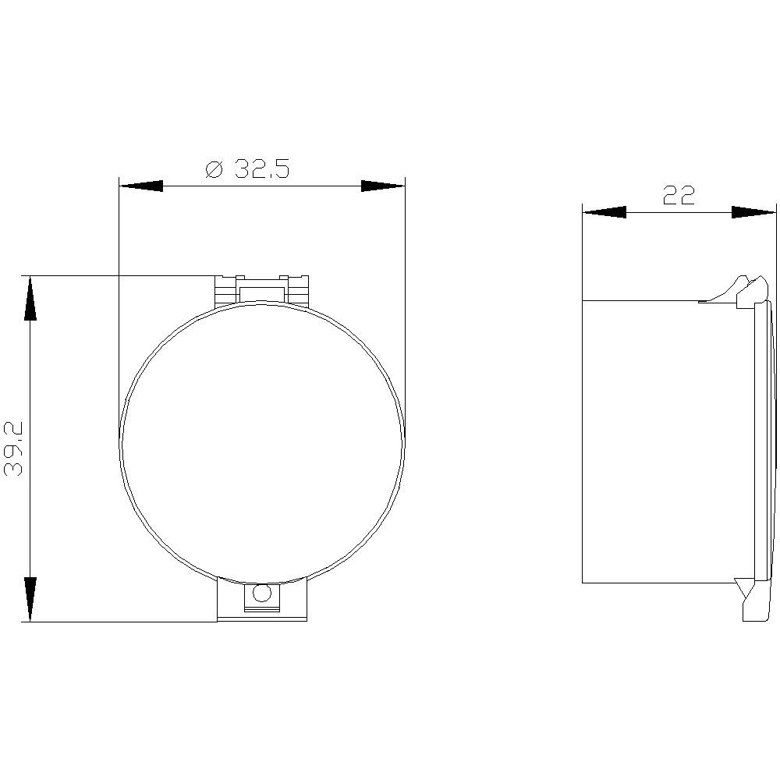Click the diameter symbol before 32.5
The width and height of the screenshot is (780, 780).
[x=214, y=169]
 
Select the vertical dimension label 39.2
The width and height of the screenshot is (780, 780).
[x=15, y=448]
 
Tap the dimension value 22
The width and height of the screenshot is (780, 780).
[x=678, y=196]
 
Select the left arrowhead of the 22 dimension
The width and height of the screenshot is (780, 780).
[x=604, y=212]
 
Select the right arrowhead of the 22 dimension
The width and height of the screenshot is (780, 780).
[x=753, y=212]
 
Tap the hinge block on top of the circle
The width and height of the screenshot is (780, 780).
[x=262, y=290]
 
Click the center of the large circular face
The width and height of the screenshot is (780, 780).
[x=262, y=441]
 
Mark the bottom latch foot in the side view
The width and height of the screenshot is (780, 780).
[x=752, y=604]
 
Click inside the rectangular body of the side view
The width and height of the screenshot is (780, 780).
[x=667, y=441]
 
